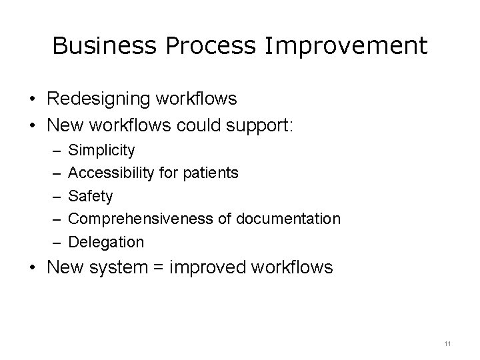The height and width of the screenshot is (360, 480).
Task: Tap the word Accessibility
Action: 111,173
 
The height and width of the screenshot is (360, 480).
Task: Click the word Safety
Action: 91,196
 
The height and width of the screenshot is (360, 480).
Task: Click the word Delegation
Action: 106,241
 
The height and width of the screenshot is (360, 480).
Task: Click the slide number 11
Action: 447,343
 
